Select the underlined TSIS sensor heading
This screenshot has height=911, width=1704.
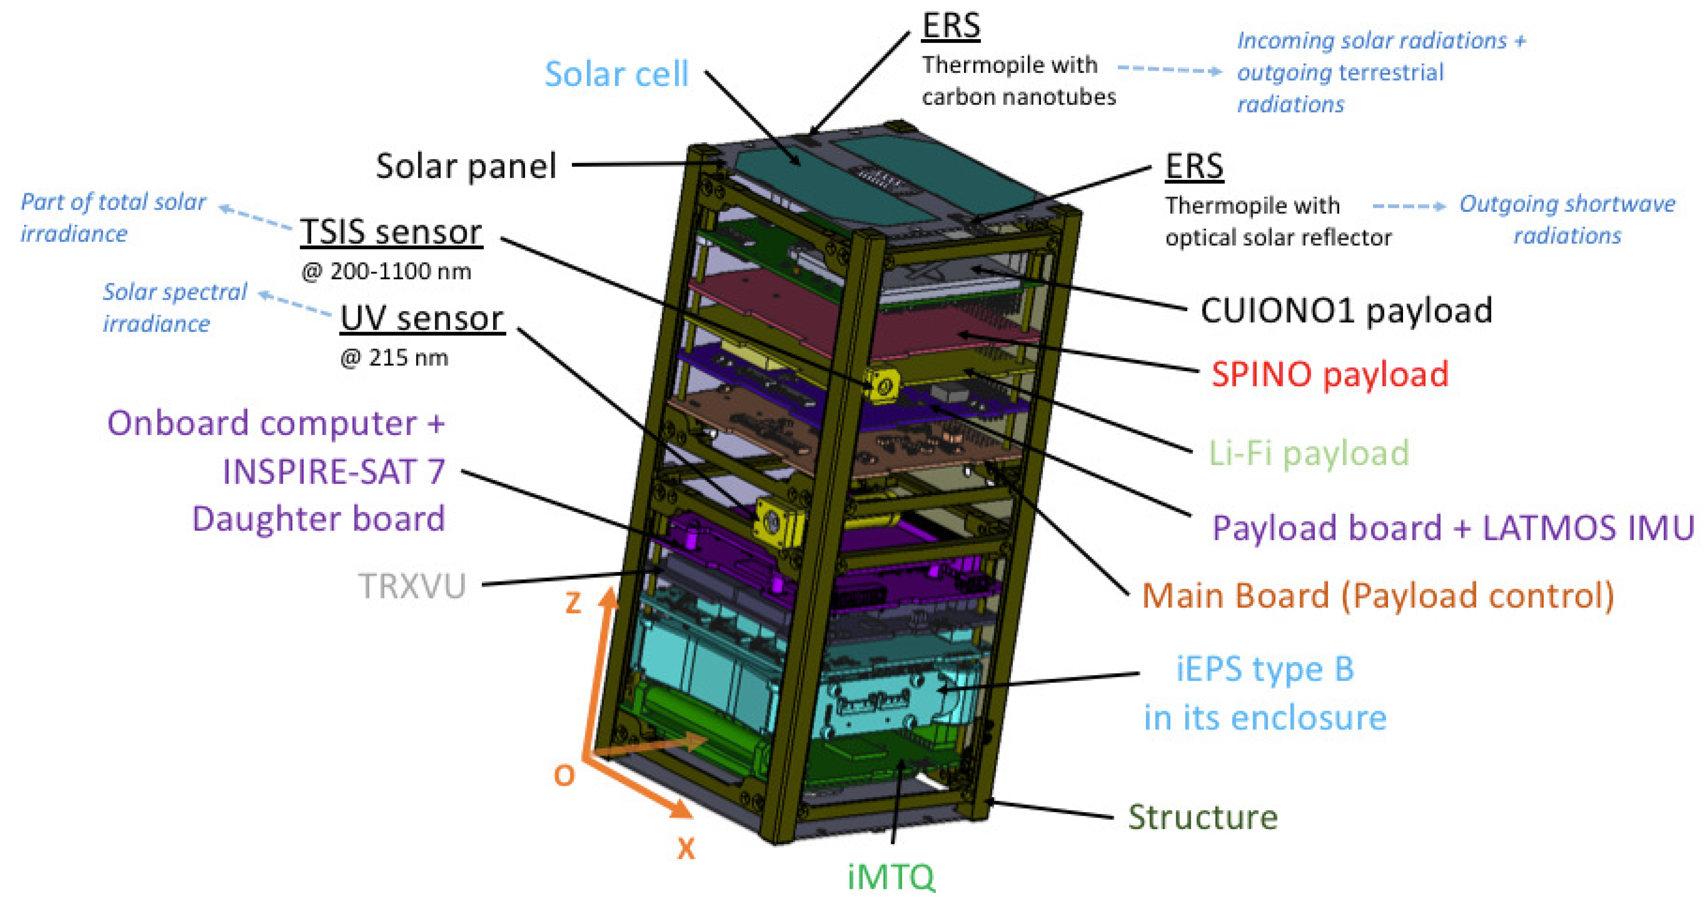[391, 232]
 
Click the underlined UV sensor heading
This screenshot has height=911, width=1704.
[422, 319]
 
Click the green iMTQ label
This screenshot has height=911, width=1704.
[891, 877]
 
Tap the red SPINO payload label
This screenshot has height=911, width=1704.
[1330, 374]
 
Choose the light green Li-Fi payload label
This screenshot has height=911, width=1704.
[1308, 454]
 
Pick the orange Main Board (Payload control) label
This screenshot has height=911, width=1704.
[1378, 595]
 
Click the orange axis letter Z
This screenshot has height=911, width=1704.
[573, 602]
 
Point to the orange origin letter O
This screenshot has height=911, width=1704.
[564, 775]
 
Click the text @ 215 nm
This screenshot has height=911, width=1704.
[394, 358]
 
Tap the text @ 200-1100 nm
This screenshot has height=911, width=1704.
[386, 271]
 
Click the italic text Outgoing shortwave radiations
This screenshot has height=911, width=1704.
[1567, 220]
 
